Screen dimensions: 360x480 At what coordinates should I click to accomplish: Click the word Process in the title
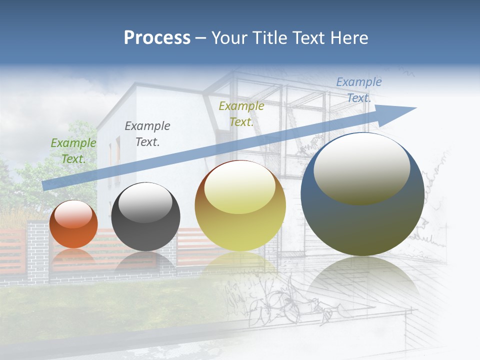point(157,38)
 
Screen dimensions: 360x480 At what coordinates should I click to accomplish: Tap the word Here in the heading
point(348,38)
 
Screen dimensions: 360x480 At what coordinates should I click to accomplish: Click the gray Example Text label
point(147,134)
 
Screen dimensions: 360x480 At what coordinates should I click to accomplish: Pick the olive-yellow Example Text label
point(241,113)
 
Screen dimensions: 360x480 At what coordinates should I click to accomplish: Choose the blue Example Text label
point(358,90)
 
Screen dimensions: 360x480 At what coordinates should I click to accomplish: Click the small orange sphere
point(73,230)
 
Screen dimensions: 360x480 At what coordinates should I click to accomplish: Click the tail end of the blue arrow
point(46,185)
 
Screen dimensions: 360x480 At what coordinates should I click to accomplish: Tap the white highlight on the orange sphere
point(73,214)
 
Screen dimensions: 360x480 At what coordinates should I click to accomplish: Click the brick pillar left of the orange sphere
point(37,250)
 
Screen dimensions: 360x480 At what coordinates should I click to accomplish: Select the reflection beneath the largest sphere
point(362,280)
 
